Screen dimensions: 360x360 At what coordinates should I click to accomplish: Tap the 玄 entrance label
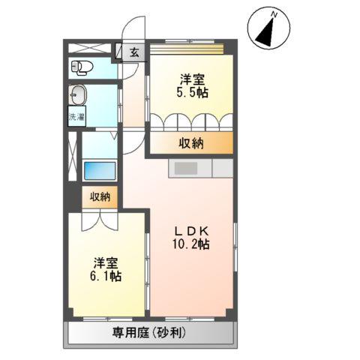[133, 52]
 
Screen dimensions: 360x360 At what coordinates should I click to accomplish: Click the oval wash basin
[77, 95]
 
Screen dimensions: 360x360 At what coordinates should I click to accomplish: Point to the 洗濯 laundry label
[76, 116]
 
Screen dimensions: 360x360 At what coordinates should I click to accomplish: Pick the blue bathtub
[99, 170]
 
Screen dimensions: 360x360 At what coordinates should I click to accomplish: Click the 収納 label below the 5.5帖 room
[191, 144]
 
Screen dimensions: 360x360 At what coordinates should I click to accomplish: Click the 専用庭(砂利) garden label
[154, 334]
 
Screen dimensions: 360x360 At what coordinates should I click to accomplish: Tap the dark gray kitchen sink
[184, 169]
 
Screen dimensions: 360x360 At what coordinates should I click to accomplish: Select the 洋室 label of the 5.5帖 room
[193, 79]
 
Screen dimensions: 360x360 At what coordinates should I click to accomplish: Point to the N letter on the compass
[275, 15]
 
